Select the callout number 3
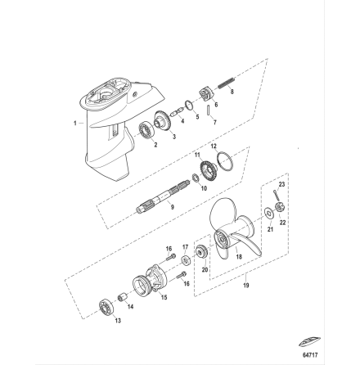(156, 142)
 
